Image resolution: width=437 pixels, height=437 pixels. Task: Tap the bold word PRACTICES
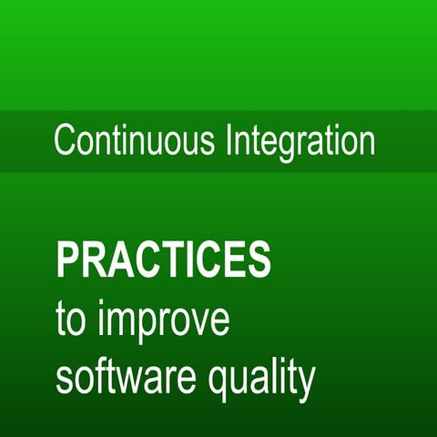pyautogui.click(x=163, y=261)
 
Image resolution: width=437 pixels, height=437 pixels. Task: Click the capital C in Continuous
pyautogui.click(x=65, y=142)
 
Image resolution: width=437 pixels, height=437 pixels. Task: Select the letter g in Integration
pyautogui.click(x=295, y=147)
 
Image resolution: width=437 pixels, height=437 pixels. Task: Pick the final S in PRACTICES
pyautogui.click(x=258, y=261)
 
